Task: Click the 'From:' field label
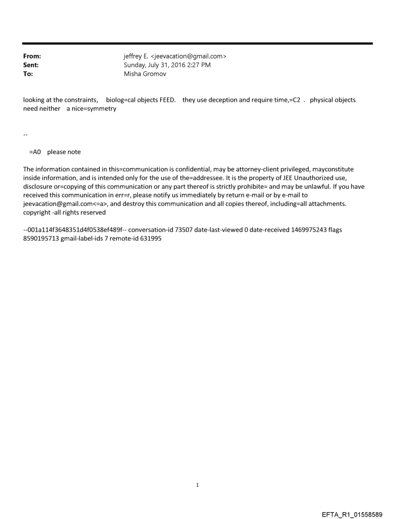32,56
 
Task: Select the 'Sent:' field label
31,65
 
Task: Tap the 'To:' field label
28,74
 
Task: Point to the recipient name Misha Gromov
145,74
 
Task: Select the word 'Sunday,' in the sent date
136,65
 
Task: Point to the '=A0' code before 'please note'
35,152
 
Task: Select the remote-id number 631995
151,238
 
